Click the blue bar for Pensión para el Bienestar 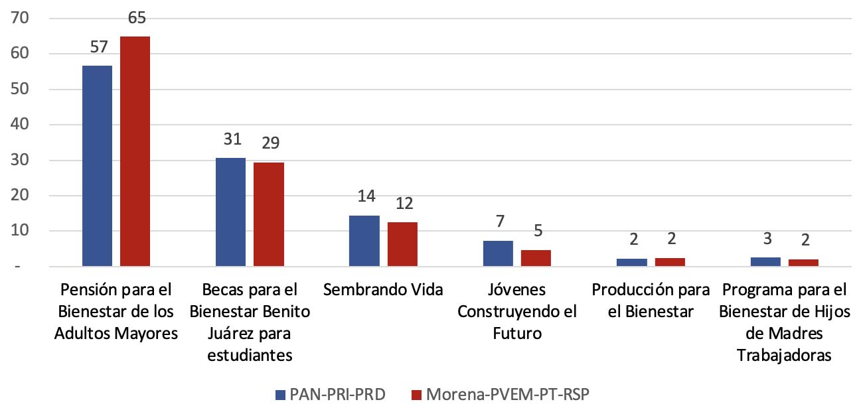pyautogui.click(x=96, y=166)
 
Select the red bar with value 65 pyautogui.click(x=135, y=151)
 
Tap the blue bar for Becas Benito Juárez pyautogui.click(x=230, y=212)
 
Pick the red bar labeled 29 pyautogui.click(x=269, y=214)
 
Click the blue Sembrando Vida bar pyautogui.click(x=364, y=241)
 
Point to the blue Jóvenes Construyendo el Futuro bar pyautogui.click(x=498, y=253)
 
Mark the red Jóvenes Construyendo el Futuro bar pyautogui.click(x=536, y=258)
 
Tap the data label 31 pyautogui.click(x=230, y=140)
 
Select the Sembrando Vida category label pyautogui.click(x=383, y=290)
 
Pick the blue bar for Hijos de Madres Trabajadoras pyautogui.click(x=765, y=261)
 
